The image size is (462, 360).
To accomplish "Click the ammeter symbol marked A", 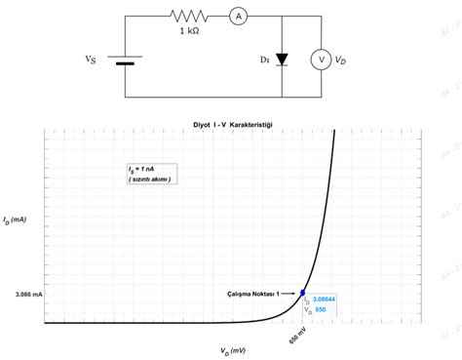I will coord(236,16).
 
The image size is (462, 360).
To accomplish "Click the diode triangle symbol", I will coord(282,60).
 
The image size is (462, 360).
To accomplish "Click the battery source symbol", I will coord(125,59).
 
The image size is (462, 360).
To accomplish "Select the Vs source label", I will coord(91,59).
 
